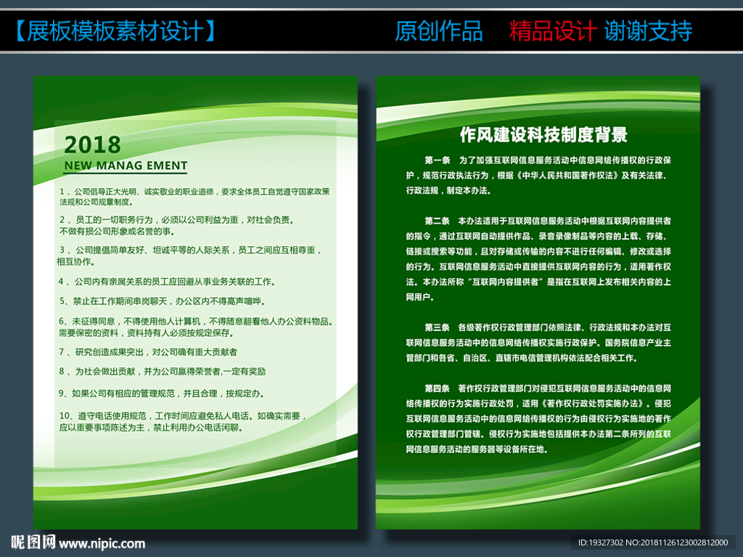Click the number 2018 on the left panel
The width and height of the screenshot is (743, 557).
[92, 144]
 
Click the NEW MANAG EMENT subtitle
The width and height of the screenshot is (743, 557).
[126, 166]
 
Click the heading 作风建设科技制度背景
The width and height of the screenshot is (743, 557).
[543, 134]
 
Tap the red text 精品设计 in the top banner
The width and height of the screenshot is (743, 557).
[552, 31]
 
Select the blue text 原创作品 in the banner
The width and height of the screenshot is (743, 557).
[438, 31]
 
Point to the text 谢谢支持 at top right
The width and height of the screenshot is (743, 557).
[648, 31]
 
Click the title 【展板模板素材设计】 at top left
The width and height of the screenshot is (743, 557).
[115, 31]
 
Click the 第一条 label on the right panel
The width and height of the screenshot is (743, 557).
[438, 159]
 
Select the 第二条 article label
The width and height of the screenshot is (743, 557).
[438, 220]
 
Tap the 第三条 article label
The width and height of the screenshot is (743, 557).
[438, 327]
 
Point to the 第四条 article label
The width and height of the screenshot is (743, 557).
[438, 388]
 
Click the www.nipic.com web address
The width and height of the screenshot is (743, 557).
[102, 543]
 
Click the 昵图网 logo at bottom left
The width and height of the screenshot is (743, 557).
[33, 542]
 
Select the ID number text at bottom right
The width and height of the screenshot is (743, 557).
[652, 542]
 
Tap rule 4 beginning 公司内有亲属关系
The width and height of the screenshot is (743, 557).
[166, 281]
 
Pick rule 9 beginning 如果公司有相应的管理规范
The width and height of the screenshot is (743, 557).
[160, 393]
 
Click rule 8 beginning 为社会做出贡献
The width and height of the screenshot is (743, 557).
[162, 371]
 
